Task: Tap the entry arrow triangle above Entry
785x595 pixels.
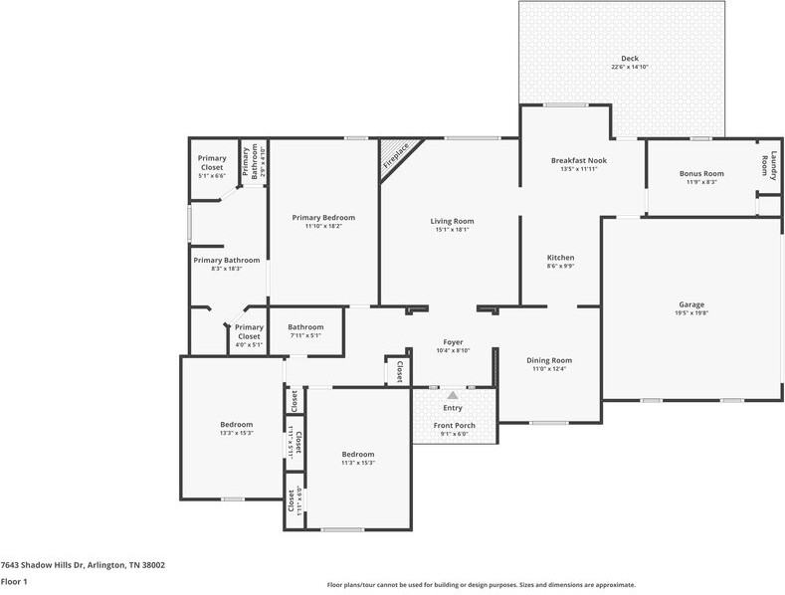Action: (453, 395)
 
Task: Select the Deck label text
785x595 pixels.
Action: (630, 59)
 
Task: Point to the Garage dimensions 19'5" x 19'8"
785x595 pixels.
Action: (691, 313)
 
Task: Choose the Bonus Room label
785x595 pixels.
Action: (701, 173)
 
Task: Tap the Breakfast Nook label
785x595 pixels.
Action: (578, 160)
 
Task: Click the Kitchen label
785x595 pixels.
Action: (560, 258)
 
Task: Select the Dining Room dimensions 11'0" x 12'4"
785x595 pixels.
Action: (548, 369)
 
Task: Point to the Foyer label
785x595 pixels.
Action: (453, 342)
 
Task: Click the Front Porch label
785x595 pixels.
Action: (454, 426)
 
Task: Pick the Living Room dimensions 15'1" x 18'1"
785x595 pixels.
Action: (452, 230)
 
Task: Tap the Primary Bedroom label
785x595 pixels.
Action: (323, 217)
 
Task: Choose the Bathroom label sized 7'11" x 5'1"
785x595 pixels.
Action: (305, 326)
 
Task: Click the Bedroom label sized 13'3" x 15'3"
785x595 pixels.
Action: (236, 424)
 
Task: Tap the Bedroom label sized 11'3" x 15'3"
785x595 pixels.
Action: (357, 454)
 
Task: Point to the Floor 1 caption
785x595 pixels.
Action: (14, 581)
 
